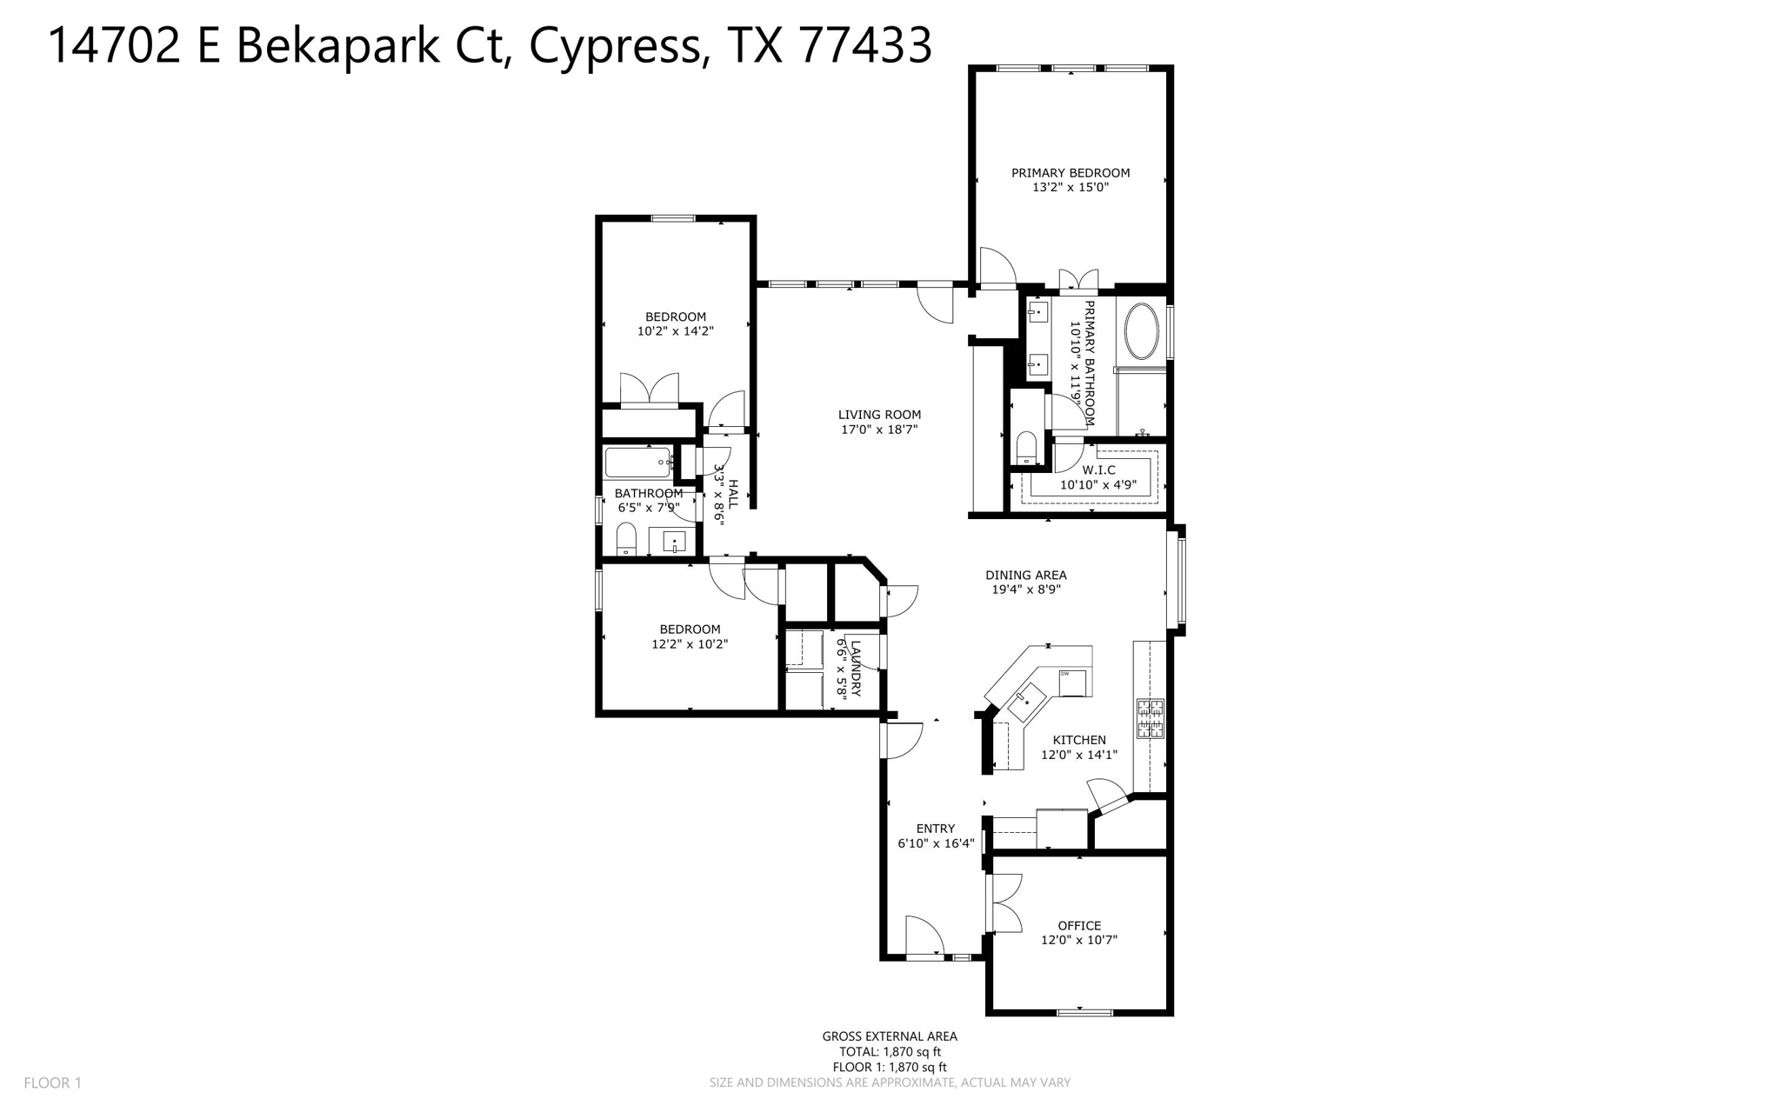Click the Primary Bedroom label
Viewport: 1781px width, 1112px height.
point(1070,173)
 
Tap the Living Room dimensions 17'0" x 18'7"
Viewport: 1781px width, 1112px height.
point(878,429)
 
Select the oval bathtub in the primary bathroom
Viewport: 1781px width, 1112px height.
point(1141,330)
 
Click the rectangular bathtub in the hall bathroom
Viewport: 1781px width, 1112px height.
point(637,462)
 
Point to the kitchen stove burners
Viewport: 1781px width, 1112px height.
point(1151,718)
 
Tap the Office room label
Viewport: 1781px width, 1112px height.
point(1078,926)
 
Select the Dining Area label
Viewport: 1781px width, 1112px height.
point(1025,575)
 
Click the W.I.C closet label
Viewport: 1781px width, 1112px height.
point(1098,470)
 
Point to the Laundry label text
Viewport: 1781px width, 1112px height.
point(856,669)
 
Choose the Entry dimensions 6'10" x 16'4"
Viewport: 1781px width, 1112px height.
point(935,843)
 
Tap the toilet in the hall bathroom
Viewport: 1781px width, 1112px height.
point(626,539)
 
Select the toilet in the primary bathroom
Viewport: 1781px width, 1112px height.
point(1026,448)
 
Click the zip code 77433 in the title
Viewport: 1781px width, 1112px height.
point(864,45)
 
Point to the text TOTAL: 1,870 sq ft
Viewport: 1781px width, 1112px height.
point(889,1051)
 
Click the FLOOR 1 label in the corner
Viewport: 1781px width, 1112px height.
point(52,1082)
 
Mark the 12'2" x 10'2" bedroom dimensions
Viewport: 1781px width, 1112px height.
point(689,644)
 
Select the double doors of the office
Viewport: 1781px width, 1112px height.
point(1004,902)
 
